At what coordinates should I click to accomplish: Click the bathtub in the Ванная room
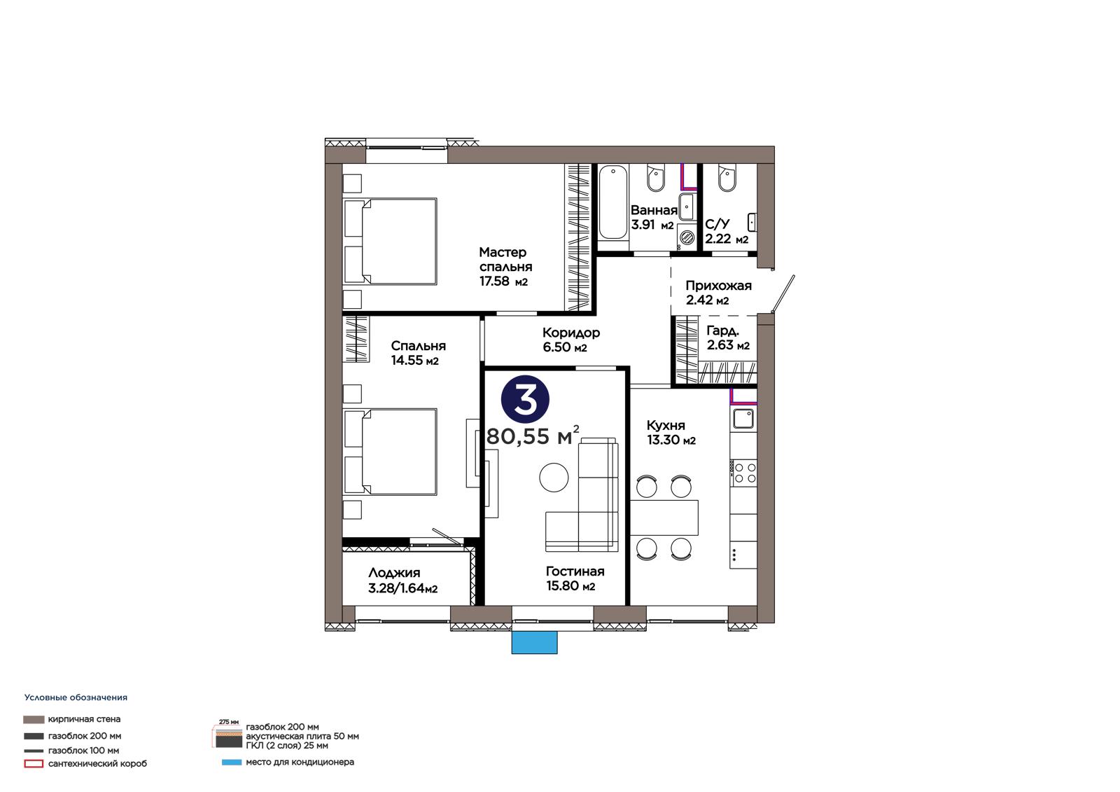point(613,202)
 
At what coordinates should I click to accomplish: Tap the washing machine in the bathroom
point(687,237)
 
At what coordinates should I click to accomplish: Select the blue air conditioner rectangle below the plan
point(534,642)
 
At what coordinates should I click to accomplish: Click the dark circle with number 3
point(525,399)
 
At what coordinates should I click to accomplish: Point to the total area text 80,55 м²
point(533,436)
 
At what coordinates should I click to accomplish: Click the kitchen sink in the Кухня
point(743,418)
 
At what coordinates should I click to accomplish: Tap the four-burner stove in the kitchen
point(743,473)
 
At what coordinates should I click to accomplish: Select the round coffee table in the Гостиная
point(554,478)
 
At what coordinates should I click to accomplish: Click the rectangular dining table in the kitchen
point(664,517)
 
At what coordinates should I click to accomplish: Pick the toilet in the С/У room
point(727,178)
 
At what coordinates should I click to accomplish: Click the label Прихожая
point(718,286)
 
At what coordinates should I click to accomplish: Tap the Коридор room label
point(571,332)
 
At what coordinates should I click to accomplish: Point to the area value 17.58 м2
point(503,282)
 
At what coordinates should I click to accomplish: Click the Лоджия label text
point(394,573)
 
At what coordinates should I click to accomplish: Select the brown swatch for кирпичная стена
point(34,719)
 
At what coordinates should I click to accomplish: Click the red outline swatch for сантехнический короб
point(34,764)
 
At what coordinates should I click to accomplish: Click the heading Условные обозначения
point(76,697)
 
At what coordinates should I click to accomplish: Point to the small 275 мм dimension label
point(229,722)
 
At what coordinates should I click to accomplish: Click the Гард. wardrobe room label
point(722,331)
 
